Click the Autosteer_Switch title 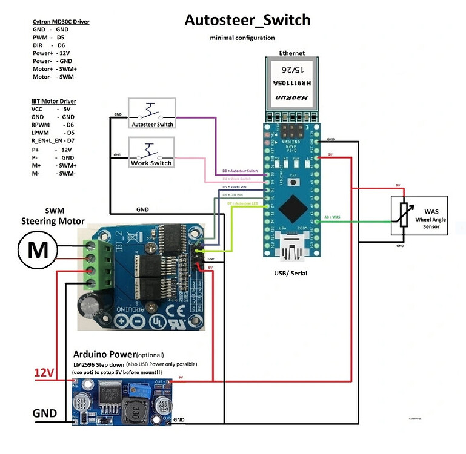[247, 20]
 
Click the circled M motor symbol [38, 249]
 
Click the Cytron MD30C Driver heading [61, 22]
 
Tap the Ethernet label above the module [291, 53]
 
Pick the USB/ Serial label [291, 274]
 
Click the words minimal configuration [242, 38]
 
